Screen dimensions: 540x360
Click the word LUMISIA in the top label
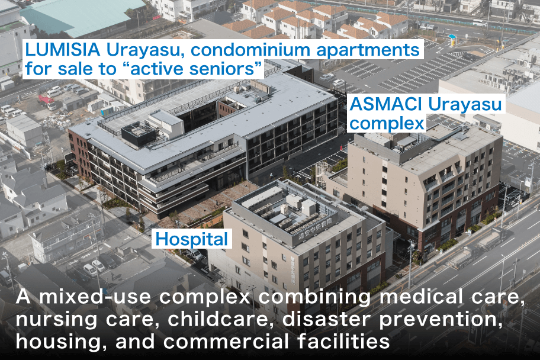click(63, 50)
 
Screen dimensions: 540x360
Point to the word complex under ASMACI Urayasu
click(387, 124)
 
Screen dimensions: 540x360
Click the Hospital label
click(192, 239)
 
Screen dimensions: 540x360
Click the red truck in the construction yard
click(47, 102)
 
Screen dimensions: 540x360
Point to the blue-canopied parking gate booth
click(452, 40)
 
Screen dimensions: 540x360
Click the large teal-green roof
click(85, 14)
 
